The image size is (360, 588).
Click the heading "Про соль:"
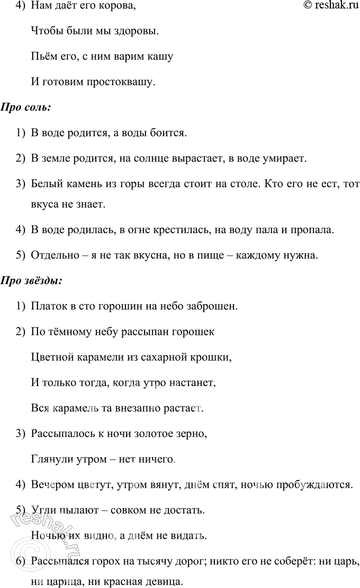pyautogui.click(x=26, y=108)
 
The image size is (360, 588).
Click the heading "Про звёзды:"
pyautogui.click(x=32, y=280)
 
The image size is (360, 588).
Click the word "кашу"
pyautogui.click(x=160, y=57)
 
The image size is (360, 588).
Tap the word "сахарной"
pyautogui.click(x=174, y=358)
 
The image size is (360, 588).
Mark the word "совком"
pyautogui.click(x=136, y=510)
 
